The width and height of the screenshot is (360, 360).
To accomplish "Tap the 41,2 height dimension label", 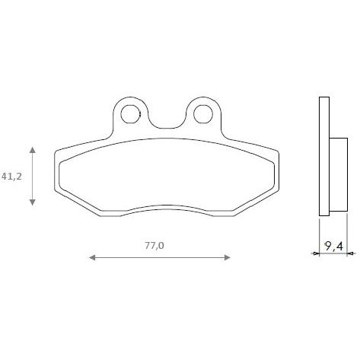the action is (x=11, y=176).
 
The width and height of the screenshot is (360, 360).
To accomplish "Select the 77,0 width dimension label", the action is (x=155, y=245).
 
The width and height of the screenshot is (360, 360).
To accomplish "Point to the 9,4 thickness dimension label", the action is (x=333, y=246).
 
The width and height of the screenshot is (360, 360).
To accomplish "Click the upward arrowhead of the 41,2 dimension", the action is (x=32, y=150).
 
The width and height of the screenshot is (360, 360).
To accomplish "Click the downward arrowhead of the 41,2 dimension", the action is (x=32, y=202).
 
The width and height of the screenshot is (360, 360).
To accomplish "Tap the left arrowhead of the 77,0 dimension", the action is (x=92, y=258).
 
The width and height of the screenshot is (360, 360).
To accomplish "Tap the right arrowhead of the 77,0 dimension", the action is (x=228, y=258).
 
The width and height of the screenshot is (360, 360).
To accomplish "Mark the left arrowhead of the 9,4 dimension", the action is (x=316, y=253).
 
